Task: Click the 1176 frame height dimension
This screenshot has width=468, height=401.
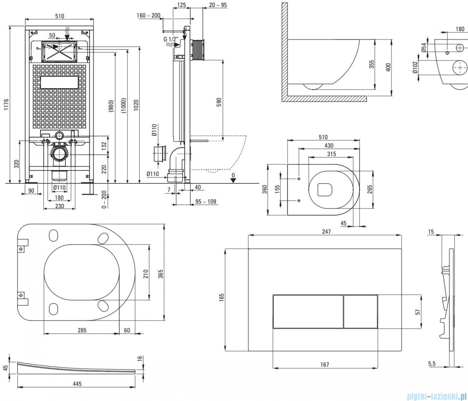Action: point(5,104)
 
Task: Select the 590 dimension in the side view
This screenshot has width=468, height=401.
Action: point(219,101)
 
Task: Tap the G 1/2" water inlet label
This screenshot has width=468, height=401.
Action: point(170,39)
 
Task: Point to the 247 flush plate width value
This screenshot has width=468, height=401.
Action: point(326,232)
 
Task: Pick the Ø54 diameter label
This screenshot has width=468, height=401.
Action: point(424,48)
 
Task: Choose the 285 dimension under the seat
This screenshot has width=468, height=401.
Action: point(82,330)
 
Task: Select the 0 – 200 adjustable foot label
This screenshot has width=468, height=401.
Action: point(104,200)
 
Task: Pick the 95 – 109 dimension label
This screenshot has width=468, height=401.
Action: point(206,202)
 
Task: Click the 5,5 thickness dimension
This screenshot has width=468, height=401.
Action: point(432,364)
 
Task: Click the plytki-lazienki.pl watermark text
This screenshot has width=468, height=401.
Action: point(436,396)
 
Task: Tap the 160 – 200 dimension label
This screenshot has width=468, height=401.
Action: point(149,16)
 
